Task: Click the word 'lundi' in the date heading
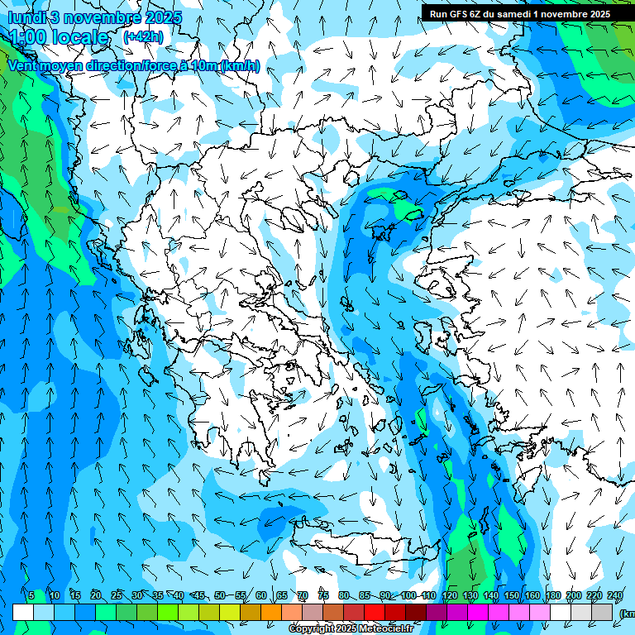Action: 26,17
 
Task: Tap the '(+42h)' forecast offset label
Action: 143,36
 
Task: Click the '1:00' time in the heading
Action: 28,37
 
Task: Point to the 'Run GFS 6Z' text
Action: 456,13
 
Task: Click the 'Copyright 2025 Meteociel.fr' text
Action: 351,629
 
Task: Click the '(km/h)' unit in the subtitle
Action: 240,66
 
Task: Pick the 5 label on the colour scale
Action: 31,595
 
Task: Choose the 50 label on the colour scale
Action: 220,595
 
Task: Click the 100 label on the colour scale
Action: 408,595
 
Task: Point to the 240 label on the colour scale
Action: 615,595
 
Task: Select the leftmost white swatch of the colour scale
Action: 23,612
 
